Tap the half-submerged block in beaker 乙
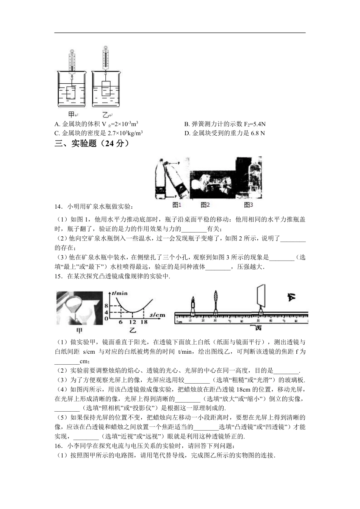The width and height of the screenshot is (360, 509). tap(106, 88)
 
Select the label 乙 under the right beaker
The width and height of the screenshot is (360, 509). tap(105, 114)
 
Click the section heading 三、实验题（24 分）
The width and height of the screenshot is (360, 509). tap(92, 143)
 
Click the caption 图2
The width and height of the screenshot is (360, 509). tap(205, 205)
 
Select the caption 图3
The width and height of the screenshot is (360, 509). tap(248, 205)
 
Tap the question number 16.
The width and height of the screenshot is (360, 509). tap(58, 447)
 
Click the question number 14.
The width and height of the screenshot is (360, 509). tap(58, 206)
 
